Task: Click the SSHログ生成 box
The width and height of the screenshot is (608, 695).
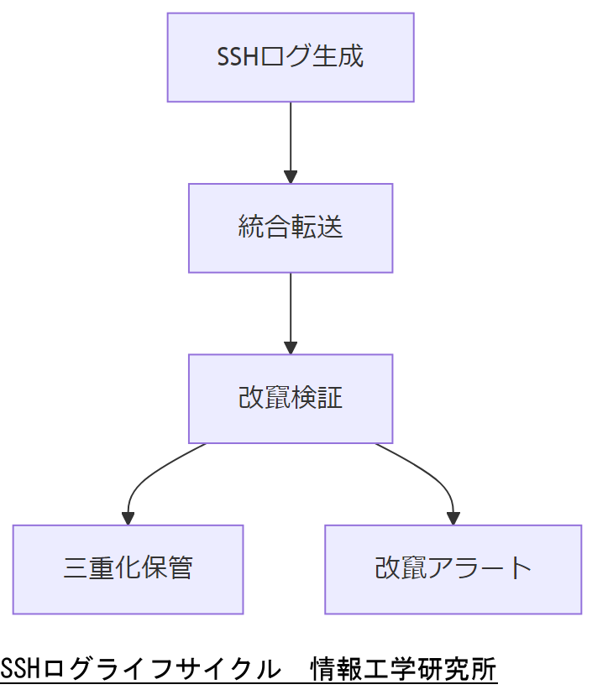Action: (x=291, y=57)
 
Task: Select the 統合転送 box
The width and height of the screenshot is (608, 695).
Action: (x=291, y=227)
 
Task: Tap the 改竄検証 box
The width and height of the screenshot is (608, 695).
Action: (x=291, y=398)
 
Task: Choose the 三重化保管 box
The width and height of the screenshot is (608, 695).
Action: (x=128, y=569)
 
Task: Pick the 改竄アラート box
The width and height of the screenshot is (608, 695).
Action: (x=453, y=569)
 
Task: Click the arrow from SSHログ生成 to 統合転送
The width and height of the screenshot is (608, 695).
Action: (x=291, y=138)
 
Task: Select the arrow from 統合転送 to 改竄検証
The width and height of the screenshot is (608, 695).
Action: (x=291, y=309)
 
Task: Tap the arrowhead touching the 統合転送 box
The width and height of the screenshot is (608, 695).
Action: (x=291, y=177)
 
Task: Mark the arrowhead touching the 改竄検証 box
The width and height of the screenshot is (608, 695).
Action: (x=291, y=347)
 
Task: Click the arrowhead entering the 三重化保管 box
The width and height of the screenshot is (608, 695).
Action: (x=128, y=518)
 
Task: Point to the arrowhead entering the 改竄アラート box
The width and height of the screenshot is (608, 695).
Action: (x=453, y=518)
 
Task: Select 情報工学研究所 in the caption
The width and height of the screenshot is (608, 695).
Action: (x=403, y=671)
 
